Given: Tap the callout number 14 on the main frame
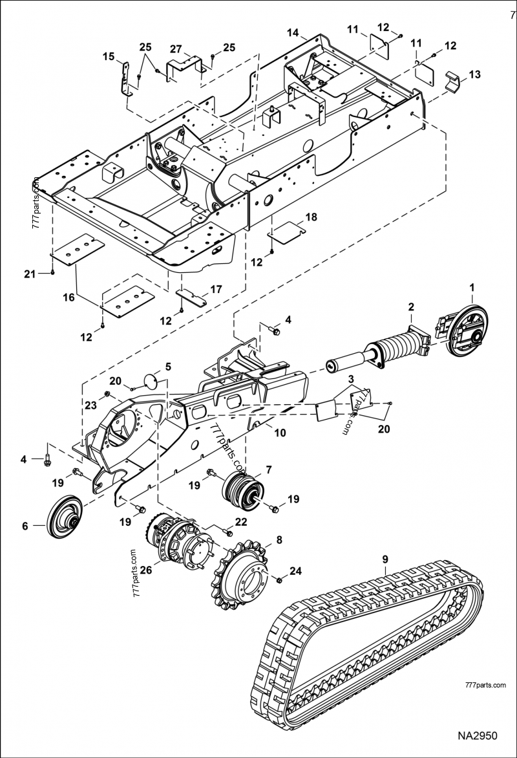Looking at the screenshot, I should point(293,32).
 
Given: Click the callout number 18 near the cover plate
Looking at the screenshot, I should point(311,217).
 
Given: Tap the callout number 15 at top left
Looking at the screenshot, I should point(109,56).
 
